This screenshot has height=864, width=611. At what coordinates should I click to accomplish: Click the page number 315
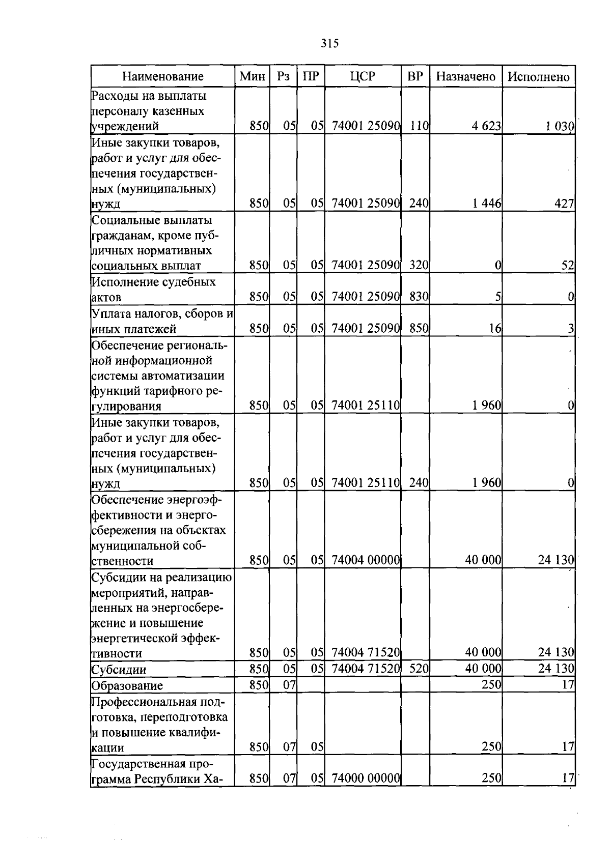point(330,44)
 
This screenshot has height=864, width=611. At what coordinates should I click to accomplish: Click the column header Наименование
point(162,77)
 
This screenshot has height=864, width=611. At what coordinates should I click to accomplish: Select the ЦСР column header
point(363,77)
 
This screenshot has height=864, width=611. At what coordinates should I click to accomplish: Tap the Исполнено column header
point(538,77)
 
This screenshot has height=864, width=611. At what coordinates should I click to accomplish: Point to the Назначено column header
point(465,77)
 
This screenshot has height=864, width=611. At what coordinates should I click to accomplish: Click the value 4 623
point(486,126)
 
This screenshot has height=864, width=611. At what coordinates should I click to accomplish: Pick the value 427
point(564,204)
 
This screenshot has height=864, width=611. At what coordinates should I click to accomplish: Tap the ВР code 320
point(419,265)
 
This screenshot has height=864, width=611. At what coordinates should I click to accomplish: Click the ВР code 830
point(419,296)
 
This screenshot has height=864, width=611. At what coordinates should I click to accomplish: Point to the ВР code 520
point(419,669)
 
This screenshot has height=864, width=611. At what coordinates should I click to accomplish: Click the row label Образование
point(127,685)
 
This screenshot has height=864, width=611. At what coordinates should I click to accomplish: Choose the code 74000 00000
point(365,779)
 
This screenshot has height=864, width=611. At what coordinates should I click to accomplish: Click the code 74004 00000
point(365,560)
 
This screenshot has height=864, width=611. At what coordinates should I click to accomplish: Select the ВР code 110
point(419,126)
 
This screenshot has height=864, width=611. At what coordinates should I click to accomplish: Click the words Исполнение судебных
point(153,282)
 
